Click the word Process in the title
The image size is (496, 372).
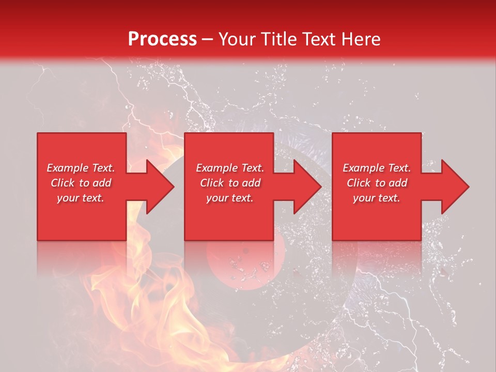(162, 39)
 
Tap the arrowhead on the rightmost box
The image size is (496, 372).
(455, 187)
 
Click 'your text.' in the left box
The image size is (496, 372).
(81, 198)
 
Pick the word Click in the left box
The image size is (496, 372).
(63, 183)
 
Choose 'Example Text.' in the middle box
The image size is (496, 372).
(230, 168)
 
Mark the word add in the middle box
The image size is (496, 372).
(251, 183)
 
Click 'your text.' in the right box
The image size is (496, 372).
(377, 198)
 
